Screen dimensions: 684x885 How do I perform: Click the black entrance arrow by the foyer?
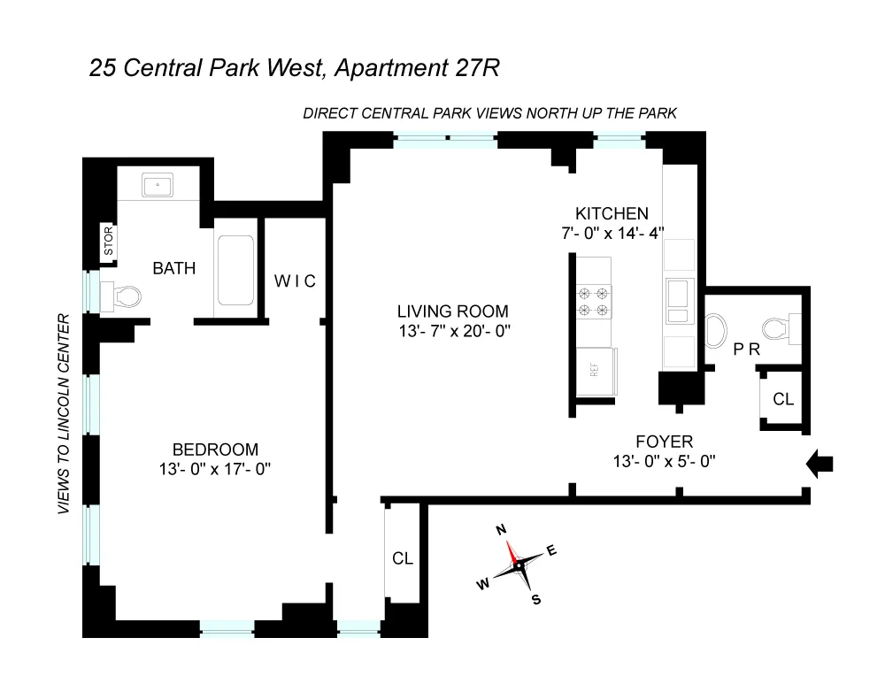(820, 462)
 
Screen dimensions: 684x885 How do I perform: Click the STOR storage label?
(110, 244)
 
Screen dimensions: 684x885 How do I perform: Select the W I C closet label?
(295, 281)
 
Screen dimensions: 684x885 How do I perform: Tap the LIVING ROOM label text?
(453, 311)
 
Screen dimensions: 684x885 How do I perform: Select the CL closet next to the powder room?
(783, 399)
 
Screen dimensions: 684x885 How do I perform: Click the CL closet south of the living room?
(403, 558)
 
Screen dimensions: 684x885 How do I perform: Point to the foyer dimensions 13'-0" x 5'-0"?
(664, 461)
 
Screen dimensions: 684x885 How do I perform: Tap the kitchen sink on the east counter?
(680, 293)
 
